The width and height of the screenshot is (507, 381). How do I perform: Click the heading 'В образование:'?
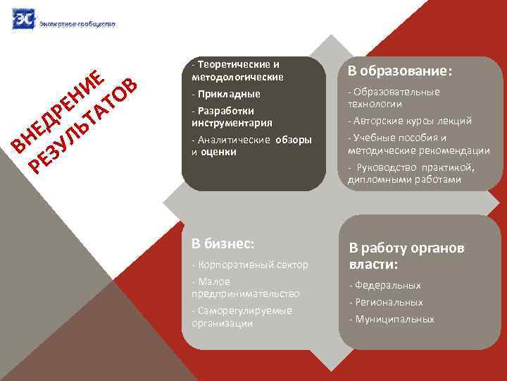point(399,72)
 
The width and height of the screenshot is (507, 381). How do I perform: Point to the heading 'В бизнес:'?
point(223,243)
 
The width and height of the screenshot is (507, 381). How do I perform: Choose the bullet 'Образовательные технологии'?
point(394,97)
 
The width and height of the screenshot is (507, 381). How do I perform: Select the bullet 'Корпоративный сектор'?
point(250,265)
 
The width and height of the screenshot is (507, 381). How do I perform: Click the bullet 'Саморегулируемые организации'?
point(242,317)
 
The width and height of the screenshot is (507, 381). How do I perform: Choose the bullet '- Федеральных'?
point(385,286)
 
